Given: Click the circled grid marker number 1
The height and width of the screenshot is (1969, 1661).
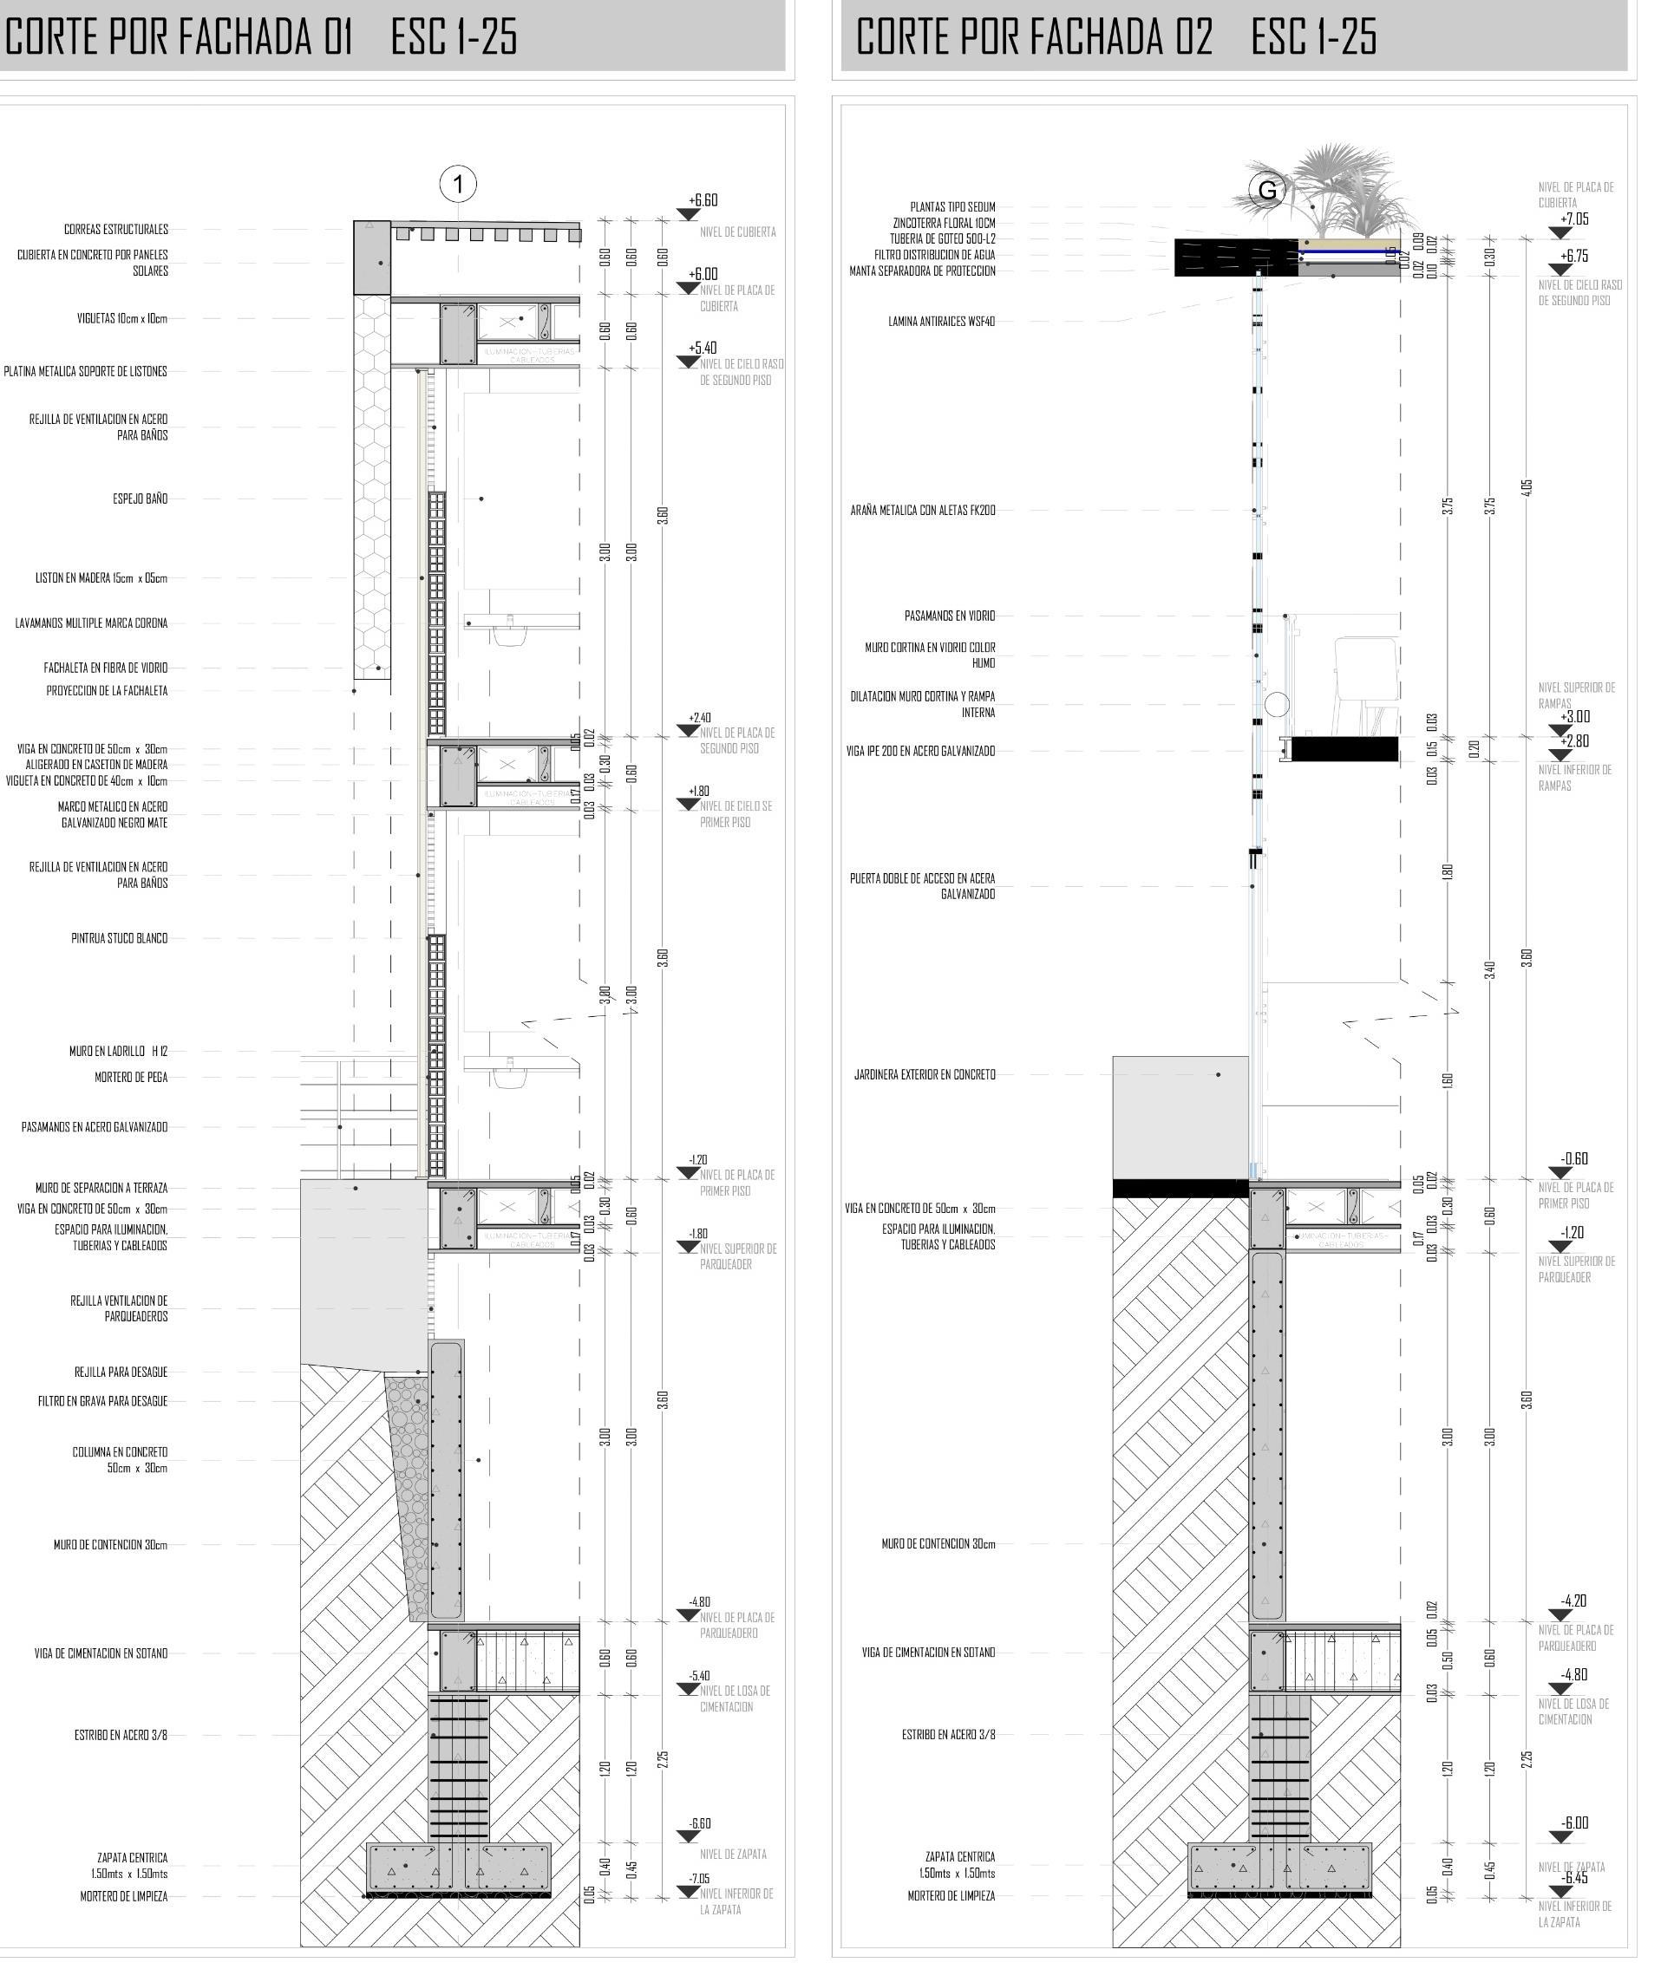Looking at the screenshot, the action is [x=458, y=185].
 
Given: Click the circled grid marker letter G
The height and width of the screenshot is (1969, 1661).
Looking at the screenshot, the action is [x=1267, y=190].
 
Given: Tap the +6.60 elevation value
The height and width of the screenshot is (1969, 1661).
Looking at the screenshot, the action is [x=703, y=200].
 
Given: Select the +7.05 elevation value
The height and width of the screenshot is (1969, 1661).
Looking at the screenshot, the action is [x=1573, y=219].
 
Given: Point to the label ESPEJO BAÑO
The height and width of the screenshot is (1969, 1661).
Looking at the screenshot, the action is [x=141, y=499].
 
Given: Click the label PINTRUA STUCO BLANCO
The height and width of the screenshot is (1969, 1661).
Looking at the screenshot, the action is [x=120, y=938].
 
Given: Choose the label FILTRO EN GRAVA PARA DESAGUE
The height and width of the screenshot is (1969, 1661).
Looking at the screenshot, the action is [x=102, y=1401].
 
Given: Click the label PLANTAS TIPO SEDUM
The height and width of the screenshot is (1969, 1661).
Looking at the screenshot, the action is [x=952, y=207].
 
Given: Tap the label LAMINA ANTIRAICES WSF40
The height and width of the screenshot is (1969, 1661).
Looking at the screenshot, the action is [x=941, y=322].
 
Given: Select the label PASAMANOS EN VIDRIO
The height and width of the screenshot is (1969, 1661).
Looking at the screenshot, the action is [x=949, y=616].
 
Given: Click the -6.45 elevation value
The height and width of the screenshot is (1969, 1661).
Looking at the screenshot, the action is [x=1574, y=1879].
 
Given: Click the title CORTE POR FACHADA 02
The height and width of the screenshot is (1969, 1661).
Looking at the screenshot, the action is [x=1033, y=37].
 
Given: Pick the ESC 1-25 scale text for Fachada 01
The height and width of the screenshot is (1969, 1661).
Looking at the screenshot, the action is [x=454, y=37].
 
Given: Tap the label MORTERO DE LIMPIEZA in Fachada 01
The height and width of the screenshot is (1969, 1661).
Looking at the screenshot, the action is [x=123, y=1896].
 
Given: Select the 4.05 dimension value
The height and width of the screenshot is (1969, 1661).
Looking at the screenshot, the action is [x=1527, y=486].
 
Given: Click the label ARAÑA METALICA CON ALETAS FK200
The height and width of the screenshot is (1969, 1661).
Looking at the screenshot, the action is [x=922, y=511].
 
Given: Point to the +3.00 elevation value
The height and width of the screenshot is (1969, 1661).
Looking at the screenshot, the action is [x=1574, y=717].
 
